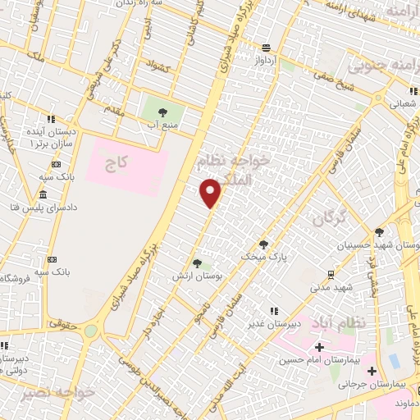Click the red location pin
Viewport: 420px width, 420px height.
click(211, 192)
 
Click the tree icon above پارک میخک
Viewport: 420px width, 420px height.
click(263, 244)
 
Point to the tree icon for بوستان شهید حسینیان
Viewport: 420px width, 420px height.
click(379, 233)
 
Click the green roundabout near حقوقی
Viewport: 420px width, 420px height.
click(90, 331)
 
